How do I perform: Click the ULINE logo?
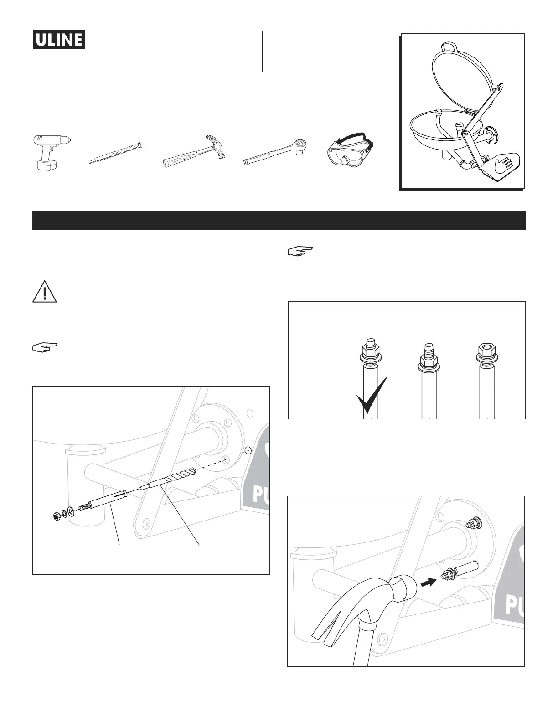pos(59,40)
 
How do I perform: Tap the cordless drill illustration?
pos(52,153)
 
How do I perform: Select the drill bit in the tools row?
pos(116,153)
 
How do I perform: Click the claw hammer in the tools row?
pos(194,151)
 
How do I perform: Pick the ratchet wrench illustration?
pos(277,152)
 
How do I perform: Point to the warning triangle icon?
pos(45,292)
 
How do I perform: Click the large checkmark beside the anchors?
pos(372,395)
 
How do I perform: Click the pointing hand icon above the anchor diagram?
pos(300,251)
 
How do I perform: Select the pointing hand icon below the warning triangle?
pos(45,347)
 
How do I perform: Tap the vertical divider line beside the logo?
pos(262,51)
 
